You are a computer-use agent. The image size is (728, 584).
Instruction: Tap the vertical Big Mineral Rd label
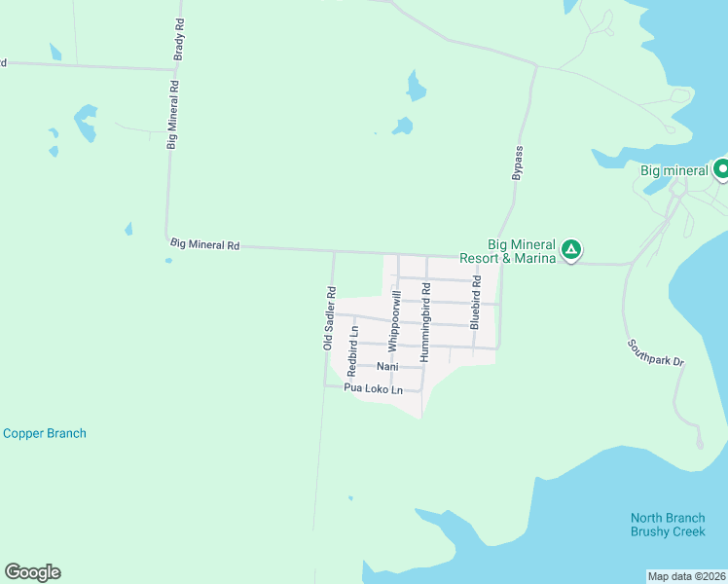[x=172, y=114]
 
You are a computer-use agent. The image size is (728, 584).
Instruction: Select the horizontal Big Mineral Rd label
[x=204, y=245]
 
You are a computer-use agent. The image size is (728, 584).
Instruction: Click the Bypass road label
[x=518, y=163]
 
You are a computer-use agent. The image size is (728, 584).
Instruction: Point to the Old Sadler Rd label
[x=330, y=317]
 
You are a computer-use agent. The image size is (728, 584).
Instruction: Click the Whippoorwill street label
[x=394, y=320]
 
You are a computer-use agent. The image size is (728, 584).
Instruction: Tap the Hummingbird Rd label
[x=425, y=324]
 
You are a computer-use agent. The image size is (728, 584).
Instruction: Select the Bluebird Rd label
[x=475, y=302]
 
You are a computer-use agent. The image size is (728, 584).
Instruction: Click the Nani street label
[x=388, y=367]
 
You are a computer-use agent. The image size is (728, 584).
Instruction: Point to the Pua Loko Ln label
[x=373, y=389]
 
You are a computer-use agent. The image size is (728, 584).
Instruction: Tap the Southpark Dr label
[x=656, y=352]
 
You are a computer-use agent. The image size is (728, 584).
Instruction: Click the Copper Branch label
[x=45, y=433]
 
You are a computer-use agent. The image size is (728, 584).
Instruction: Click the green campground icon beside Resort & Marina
[x=572, y=251]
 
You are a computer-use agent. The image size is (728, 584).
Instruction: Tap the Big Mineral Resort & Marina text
[x=521, y=251]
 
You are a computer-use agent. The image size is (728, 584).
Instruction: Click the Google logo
[x=32, y=572]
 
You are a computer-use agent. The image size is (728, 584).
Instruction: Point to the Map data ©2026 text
[x=686, y=576]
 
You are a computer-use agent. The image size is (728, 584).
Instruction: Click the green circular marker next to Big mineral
[x=721, y=170]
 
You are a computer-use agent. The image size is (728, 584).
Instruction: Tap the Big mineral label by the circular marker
[x=673, y=171]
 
